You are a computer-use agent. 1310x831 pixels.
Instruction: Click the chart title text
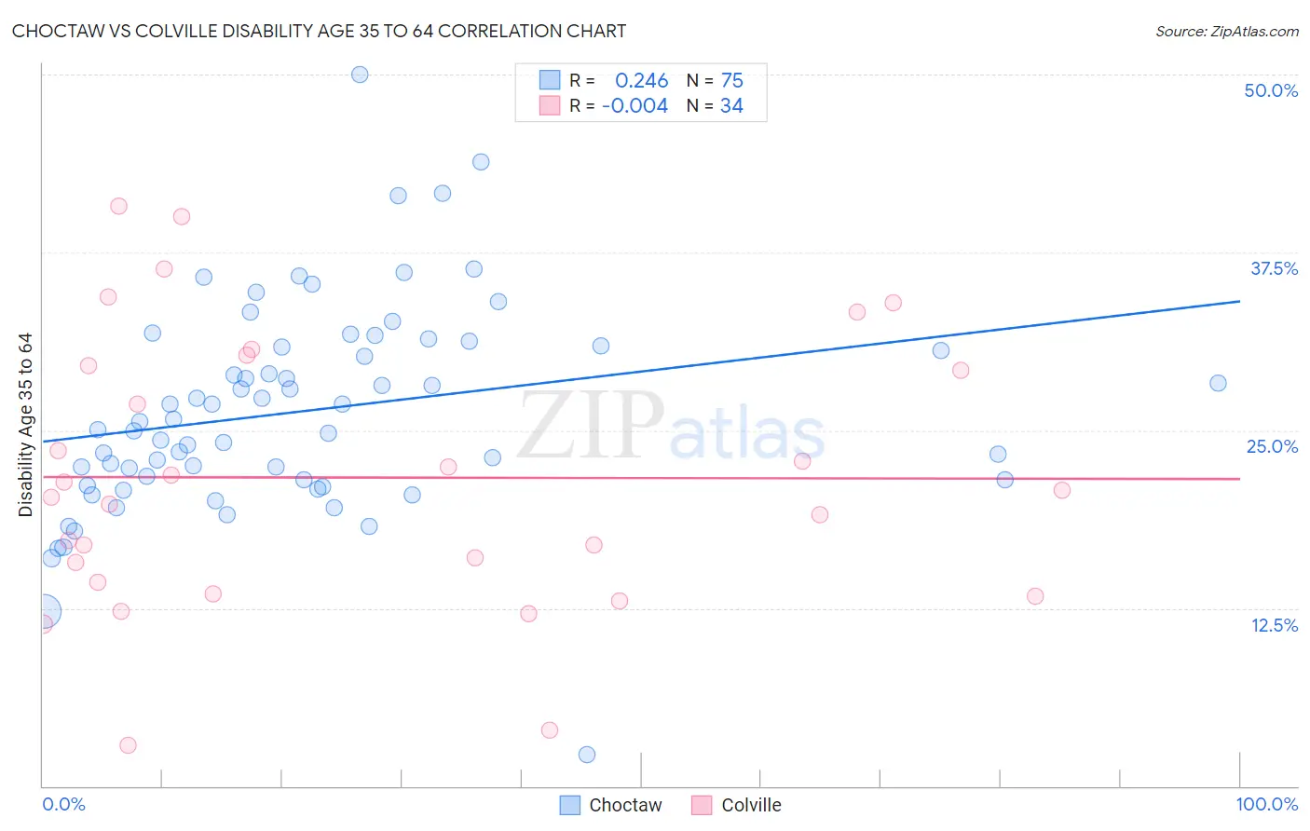point(319,31)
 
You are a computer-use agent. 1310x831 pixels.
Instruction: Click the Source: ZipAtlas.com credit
point(1226,31)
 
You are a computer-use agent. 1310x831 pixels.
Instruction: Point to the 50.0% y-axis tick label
point(1271,90)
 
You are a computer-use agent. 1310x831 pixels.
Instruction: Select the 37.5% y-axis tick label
point(1274,268)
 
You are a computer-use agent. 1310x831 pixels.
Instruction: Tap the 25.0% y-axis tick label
point(1272,446)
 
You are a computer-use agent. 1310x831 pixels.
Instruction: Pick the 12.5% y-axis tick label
point(1274,625)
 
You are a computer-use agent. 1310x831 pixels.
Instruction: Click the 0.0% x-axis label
point(63,804)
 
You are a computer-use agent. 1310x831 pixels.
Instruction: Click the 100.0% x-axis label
point(1266,804)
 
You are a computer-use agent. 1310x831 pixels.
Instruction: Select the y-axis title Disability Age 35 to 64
point(25,424)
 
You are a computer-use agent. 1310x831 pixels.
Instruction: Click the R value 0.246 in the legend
point(641,81)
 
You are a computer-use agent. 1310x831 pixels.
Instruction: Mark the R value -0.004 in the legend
point(635,106)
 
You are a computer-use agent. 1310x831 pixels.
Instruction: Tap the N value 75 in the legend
point(731,81)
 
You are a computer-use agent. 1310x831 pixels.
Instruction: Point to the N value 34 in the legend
point(731,106)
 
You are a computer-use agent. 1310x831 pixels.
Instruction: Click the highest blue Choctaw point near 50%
point(360,75)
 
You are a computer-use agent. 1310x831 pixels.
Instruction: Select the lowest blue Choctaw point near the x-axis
point(587,755)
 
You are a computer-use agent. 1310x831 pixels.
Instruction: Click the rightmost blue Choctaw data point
point(1218,383)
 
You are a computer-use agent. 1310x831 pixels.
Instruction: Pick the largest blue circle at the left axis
point(43,611)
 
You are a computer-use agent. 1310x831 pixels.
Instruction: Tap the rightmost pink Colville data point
point(1061,490)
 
